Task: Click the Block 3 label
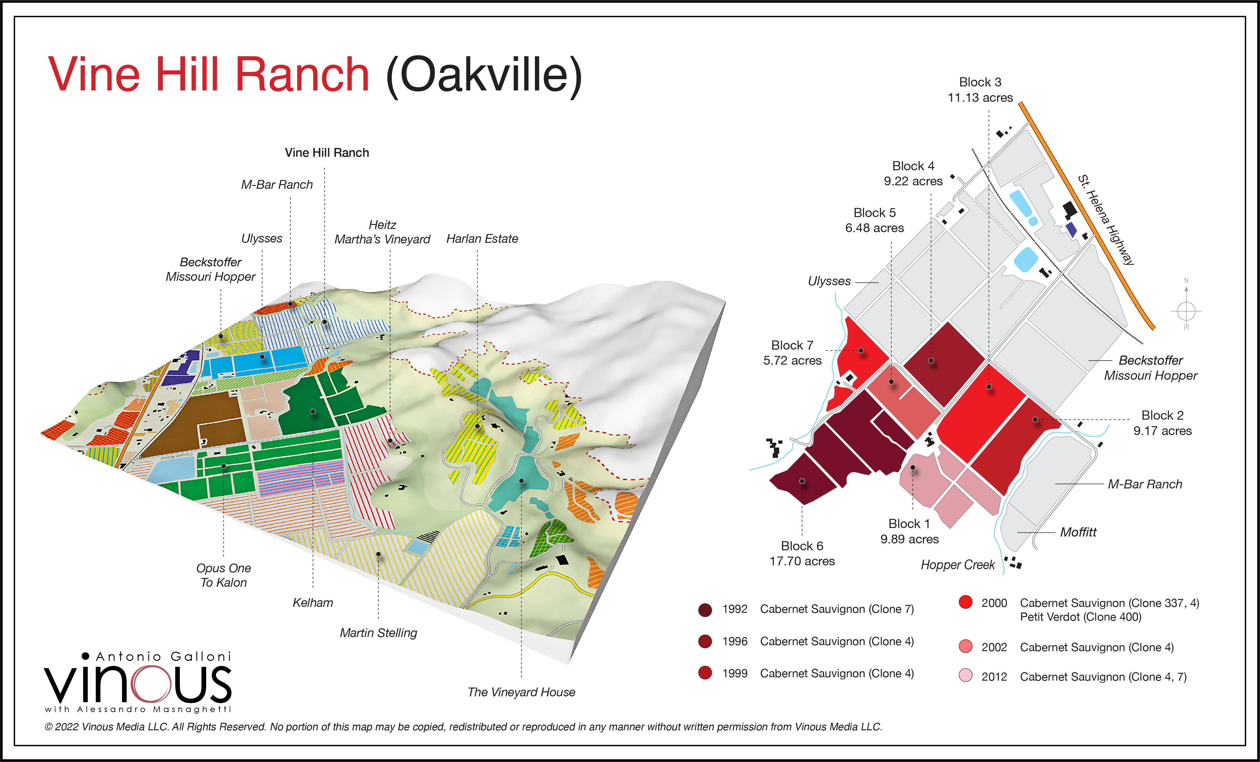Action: click(x=980, y=82)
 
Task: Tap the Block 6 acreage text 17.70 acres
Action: click(x=802, y=561)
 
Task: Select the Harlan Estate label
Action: click(x=482, y=239)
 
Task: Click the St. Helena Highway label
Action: click(x=1106, y=220)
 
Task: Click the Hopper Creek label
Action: click(x=957, y=565)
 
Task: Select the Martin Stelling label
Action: click(x=378, y=633)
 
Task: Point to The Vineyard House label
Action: click(x=521, y=692)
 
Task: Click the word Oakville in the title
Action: click(x=484, y=75)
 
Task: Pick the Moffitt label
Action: click(x=1078, y=532)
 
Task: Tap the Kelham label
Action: click(x=312, y=602)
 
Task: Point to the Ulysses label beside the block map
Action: click(x=829, y=281)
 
